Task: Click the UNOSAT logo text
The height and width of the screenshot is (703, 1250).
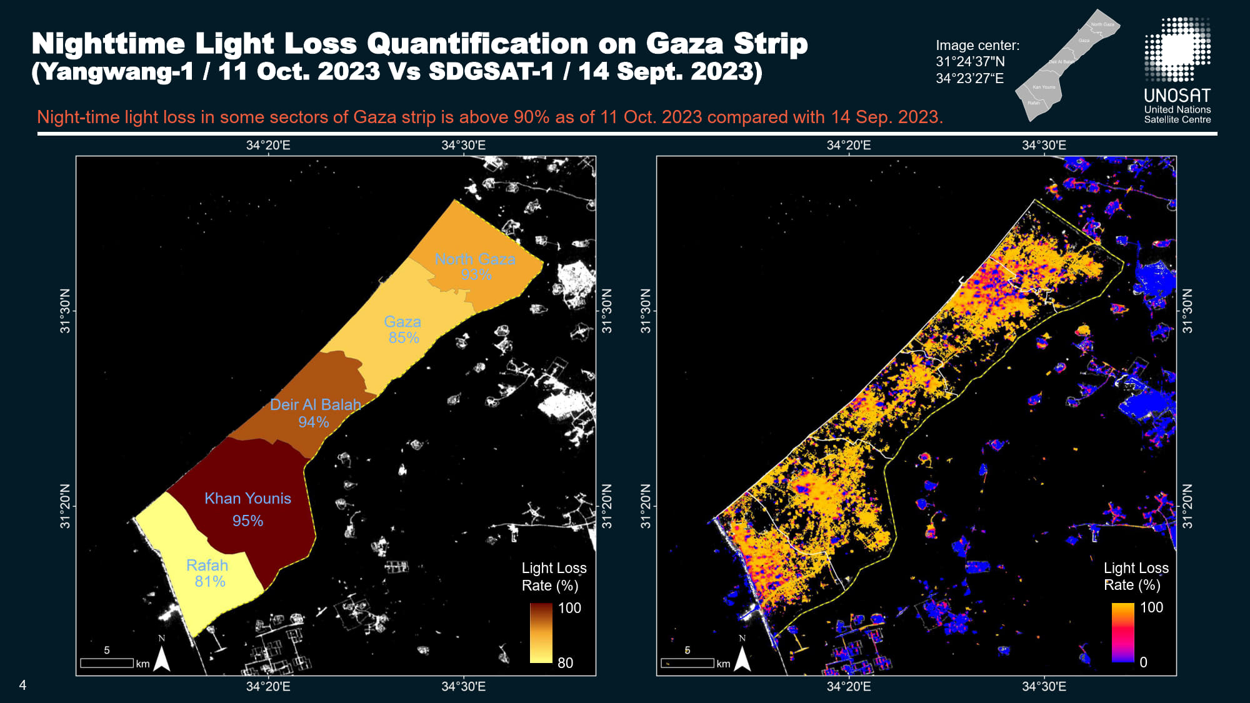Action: (x=1177, y=96)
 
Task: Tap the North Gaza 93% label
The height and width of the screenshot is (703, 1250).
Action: (x=475, y=267)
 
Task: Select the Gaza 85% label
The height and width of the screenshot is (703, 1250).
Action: (x=402, y=329)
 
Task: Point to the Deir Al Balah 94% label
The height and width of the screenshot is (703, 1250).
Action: (x=315, y=413)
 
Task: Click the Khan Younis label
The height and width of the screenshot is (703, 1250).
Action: (x=247, y=499)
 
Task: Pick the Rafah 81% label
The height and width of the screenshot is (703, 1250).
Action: (x=207, y=573)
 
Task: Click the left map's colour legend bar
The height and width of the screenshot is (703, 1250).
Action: (x=541, y=632)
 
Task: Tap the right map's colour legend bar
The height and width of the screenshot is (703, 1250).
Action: (x=1122, y=632)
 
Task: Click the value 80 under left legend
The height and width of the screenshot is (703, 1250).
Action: (x=565, y=663)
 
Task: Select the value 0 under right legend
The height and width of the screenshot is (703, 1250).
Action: (x=1143, y=662)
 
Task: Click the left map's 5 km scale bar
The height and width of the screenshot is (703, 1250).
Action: (x=107, y=663)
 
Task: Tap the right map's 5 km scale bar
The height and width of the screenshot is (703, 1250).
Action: (x=687, y=663)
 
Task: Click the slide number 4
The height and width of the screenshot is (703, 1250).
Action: (x=22, y=686)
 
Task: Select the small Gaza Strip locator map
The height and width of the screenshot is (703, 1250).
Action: (x=1067, y=64)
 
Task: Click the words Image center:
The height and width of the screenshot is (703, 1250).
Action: (x=977, y=46)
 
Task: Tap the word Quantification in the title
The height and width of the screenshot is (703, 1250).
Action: (x=477, y=44)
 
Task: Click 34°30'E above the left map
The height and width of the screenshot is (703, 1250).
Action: (x=463, y=146)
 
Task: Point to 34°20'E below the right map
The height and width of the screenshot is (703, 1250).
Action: (x=848, y=687)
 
